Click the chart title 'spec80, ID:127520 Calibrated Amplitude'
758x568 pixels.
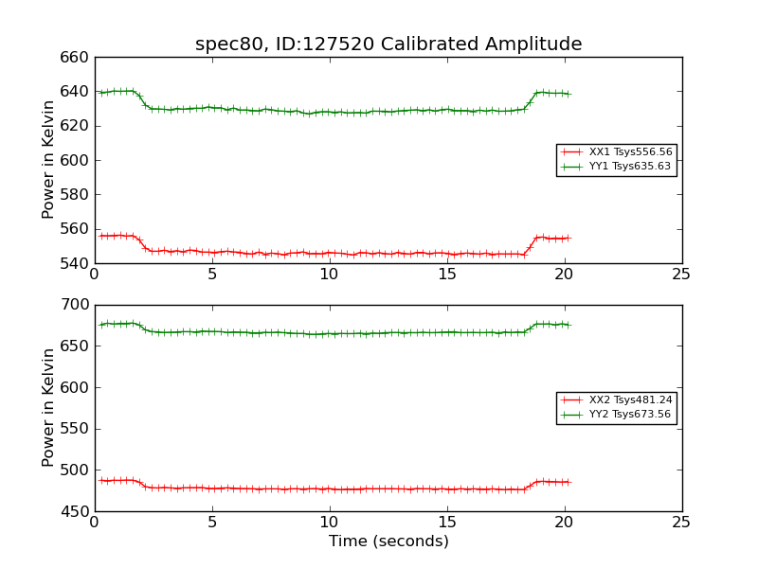point(388,44)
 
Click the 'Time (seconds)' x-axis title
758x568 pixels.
point(388,541)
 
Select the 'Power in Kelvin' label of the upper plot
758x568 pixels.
point(48,160)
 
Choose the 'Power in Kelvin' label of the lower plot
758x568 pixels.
point(48,408)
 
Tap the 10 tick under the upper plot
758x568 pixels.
point(329,275)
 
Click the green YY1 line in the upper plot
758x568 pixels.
point(379,112)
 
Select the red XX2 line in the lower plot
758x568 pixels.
point(379,488)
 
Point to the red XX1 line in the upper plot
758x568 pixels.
point(379,254)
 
